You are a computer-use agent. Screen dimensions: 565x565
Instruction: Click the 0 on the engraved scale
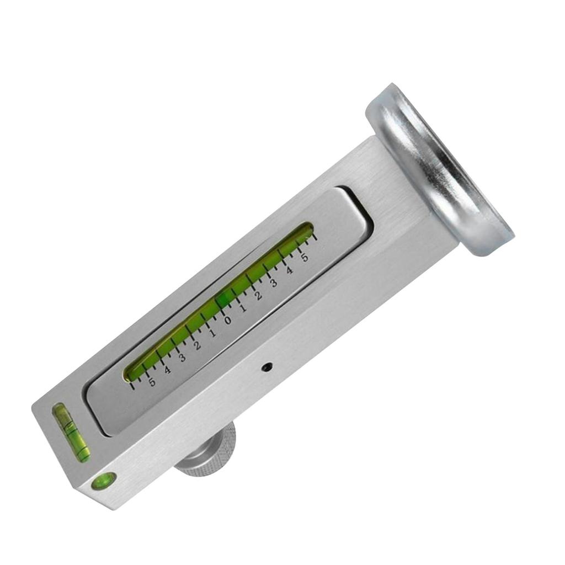point(227,319)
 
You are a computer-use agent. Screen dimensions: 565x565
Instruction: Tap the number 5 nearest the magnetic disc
point(304,258)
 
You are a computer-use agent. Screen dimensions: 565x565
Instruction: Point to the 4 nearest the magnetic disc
point(289,270)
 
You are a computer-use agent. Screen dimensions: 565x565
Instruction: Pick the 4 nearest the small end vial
point(167,369)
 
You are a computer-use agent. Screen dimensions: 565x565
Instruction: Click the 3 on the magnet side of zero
point(274,282)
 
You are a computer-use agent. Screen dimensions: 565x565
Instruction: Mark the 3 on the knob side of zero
point(182,356)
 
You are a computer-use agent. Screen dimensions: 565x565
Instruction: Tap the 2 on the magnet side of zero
point(258,295)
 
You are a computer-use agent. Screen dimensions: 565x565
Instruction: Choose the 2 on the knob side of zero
point(197,345)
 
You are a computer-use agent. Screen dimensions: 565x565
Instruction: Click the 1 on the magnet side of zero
point(243,307)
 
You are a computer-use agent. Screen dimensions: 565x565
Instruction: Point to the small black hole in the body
point(268,366)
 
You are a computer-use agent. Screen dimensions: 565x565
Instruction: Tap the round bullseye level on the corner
point(103,480)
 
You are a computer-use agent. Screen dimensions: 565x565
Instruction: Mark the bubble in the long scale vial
point(223,299)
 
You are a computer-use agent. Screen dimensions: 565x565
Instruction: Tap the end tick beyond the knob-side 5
point(132,385)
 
